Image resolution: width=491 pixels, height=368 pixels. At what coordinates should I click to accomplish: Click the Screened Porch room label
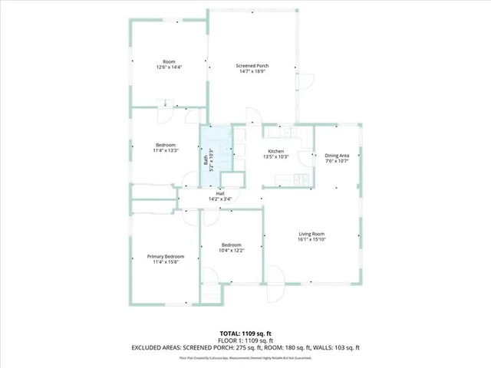tap(252, 66)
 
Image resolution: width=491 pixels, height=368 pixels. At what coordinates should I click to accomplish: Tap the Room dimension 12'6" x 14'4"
tap(169, 67)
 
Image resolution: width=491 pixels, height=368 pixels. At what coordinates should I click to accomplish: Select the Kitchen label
tap(276, 151)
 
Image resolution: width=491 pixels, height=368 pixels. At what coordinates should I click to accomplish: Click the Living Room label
tap(312, 233)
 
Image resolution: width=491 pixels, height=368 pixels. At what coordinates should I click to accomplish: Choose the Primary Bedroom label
tap(166, 256)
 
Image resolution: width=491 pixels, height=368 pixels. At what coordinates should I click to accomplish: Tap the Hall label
tap(220, 194)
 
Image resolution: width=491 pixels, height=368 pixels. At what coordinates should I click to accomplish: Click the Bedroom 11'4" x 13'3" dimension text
tap(166, 150)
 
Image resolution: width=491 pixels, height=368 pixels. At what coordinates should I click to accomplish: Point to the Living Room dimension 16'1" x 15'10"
tap(312, 239)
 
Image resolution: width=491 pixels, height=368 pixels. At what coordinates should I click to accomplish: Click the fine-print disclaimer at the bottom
tap(245, 357)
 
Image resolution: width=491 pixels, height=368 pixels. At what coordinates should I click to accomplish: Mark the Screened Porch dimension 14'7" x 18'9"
tap(252, 72)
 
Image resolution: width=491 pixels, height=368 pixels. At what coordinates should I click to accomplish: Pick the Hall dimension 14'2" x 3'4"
tap(220, 200)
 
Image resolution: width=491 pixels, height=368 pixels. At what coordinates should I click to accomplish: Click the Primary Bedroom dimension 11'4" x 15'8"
tap(166, 262)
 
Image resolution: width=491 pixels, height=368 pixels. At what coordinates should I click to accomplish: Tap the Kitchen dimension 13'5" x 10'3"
tap(276, 157)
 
